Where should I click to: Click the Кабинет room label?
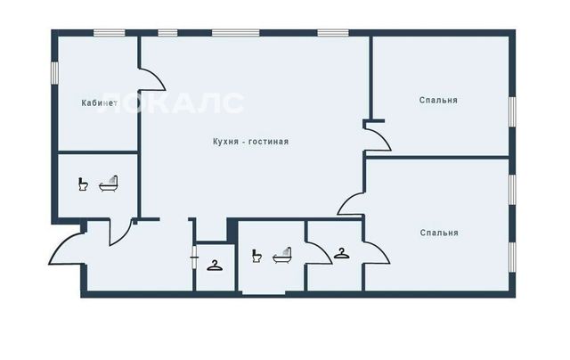[x=99, y=102]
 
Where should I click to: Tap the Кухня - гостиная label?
[x=251, y=142]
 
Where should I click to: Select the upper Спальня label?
[x=438, y=100]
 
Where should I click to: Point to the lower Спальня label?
[x=439, y=233]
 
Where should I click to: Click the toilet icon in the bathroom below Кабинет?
[x=83, y=184]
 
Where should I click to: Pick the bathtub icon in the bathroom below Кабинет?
[x=109, y=184]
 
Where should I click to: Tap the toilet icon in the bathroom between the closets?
[x=256, y=256]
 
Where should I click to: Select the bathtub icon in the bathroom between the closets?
[x=282, y=256]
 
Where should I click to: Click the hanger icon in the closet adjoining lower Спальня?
[x=342, y=253]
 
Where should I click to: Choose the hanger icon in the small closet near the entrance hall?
[x=215, y=266]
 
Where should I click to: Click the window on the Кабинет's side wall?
[x=54, y=72]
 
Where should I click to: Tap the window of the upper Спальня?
[x=512, y=111]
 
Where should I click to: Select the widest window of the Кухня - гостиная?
[x=236, y=33]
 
